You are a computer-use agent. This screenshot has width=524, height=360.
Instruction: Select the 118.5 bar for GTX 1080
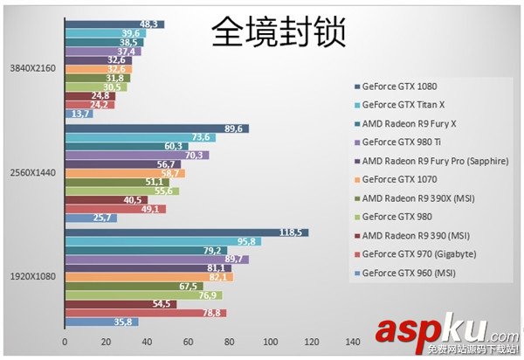[x=185, y=232]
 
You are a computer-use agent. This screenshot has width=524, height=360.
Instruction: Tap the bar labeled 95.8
[x=162, y=241]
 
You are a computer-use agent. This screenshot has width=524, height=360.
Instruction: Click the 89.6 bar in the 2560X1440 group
[x=156, y=128]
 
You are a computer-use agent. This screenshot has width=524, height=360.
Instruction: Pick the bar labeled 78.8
[x=145, y=313]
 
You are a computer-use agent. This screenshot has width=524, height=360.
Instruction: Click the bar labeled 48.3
[x=114, y=24]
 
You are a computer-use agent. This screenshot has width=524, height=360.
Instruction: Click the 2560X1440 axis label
[x=33, y=172]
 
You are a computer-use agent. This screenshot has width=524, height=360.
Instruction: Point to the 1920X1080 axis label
[x=33, y=276]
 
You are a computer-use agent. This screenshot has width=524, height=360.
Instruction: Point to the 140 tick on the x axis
[x=352, y=342]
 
